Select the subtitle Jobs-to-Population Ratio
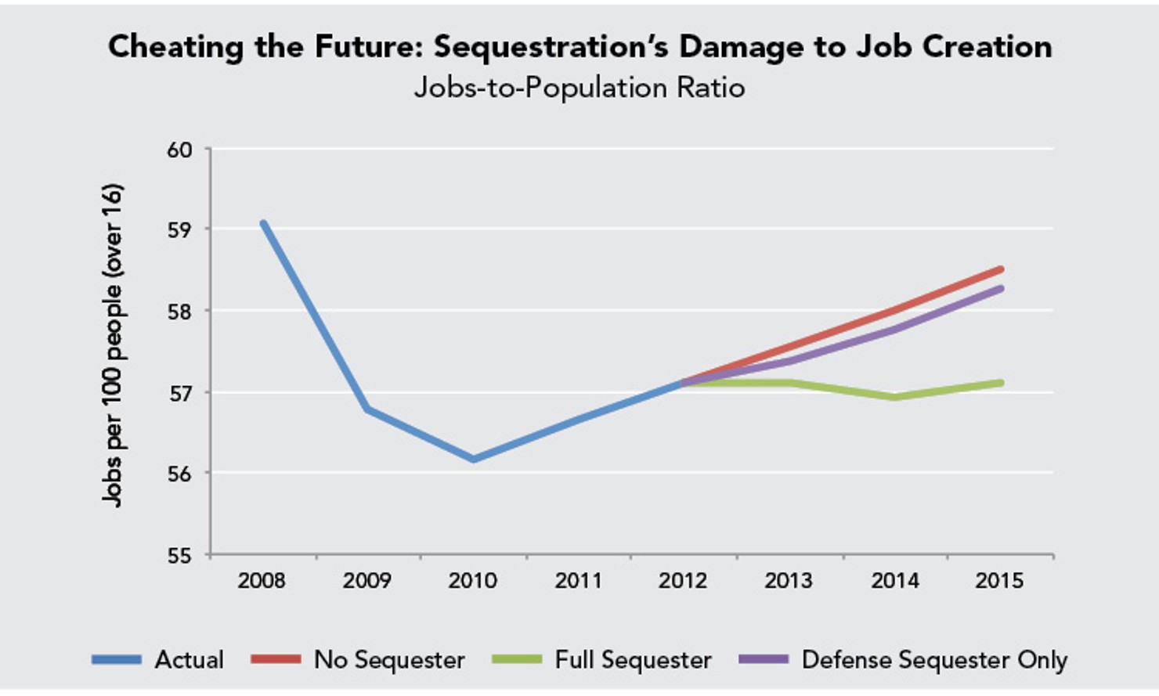[x=579, y=87]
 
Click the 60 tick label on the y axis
[x=179, y=150]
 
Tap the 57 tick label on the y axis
[x=179, y=393]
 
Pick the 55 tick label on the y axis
[x=179, y=556]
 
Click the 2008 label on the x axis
[x=262, y=581]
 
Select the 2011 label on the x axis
[x=578, y=581]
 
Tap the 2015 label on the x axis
[x=999, y=581]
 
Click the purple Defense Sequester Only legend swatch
[x=764, y=660]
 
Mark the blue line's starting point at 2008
[x=263, y=223]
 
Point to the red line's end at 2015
[x=1000, y=269]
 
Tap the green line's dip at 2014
[x=894, y=398]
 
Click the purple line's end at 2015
[x=1000, y=288]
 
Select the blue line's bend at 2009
[x=368, y=409]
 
